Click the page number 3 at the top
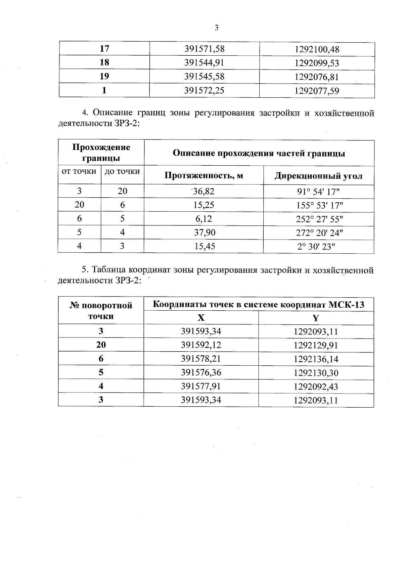216,28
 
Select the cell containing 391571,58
204,49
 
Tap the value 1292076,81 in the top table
317,77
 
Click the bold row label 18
104,63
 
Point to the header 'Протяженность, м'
204,175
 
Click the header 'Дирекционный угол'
318,176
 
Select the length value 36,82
204,191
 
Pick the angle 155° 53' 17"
318,205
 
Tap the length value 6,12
204,219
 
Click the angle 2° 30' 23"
316,247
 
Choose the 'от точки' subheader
79,171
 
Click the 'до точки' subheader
122,171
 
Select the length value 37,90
204,232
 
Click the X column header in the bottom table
201,318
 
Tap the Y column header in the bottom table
316,318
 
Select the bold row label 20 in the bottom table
101,345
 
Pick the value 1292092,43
316,386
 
